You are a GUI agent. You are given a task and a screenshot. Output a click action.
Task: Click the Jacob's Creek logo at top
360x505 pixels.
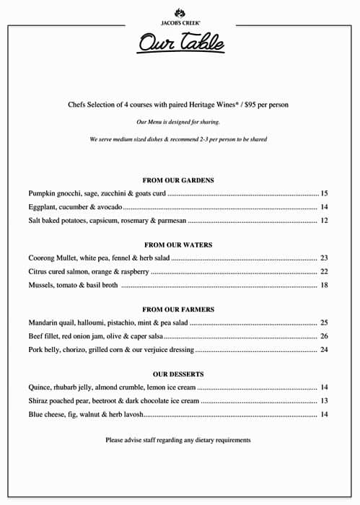pyautogui.click(x=179, y=16)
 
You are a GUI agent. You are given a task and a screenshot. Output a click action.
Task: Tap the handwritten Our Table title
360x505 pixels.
pyautogui.click(x=181, y=44)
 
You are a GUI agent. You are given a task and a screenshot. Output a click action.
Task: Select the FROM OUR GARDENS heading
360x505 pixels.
pyautogui.click(x=178, y=180)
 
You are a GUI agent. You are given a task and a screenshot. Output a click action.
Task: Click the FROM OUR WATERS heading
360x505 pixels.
pyautogui.click(x=178, y=245)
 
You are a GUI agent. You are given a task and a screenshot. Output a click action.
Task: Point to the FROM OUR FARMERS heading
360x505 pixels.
pyautogui.click(x=178, y=309)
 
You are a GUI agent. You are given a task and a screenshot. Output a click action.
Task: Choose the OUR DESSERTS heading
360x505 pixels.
pyautogui.click(x=178, y=374)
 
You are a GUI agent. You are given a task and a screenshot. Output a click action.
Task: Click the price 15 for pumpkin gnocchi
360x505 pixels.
pyautogui.click(x=325, y=193)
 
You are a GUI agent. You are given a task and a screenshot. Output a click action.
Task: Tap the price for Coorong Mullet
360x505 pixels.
pyautogui.click(x=325, y=258)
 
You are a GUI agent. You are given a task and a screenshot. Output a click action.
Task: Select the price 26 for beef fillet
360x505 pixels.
pyautogui.click(x=325, y=336)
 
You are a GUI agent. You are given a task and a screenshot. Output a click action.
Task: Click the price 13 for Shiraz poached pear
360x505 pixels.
pyautogui.click(x=325, y=401)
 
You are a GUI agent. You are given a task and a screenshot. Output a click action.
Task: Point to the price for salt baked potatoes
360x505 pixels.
pyautogui.click(x=325, y=221)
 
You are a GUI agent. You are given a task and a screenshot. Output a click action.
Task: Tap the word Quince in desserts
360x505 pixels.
pyautogui.click(x=40, y=387)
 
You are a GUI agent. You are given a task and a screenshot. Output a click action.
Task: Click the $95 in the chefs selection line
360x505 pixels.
pyautogui.click(x=253, y=105)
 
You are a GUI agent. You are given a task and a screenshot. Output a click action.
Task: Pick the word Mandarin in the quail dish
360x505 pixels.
pyautogui.click(x=44, y=322)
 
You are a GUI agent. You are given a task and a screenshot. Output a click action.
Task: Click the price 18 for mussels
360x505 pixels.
pyautogui.click(x=325, y=286)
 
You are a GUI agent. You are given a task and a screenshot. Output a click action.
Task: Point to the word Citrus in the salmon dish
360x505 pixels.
pyautogui.click(x=38, y=272)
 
